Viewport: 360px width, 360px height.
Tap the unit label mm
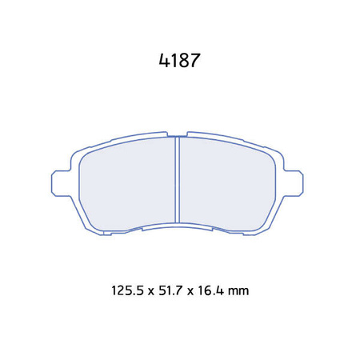coord(238,290)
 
